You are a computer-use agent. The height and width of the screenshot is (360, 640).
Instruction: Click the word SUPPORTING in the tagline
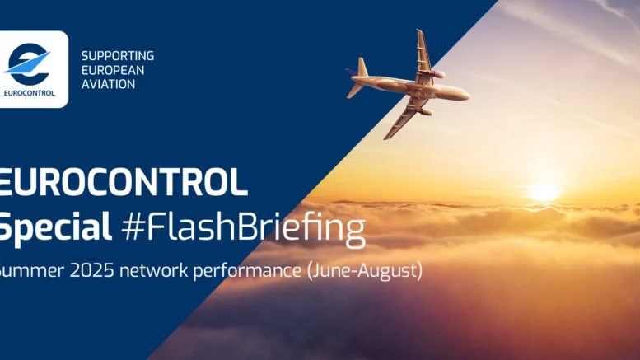118,56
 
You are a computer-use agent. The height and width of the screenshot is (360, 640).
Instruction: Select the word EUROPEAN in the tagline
113,70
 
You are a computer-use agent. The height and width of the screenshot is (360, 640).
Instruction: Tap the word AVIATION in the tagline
108,84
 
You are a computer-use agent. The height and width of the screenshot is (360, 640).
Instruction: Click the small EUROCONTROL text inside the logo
29,93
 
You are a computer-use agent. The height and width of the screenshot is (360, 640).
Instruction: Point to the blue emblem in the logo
28,64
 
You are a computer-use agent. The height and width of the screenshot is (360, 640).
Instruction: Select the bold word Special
55,227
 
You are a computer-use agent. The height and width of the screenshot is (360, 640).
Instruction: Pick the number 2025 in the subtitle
91,270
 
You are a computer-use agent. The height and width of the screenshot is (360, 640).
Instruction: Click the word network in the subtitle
154,270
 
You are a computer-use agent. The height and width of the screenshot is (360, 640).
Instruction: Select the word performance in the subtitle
247,272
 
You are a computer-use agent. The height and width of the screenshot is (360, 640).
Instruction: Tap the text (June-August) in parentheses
365,271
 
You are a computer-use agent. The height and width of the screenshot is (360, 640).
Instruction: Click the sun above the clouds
544,192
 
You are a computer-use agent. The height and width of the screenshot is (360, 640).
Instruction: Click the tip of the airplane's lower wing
385,138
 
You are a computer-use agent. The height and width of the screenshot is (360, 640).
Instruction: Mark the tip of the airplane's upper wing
418,30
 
